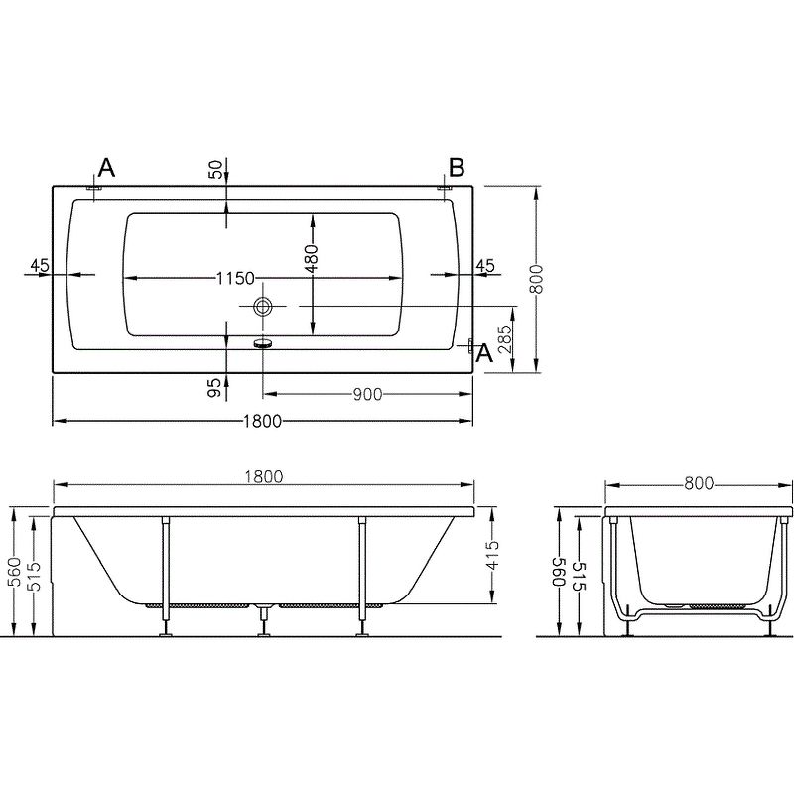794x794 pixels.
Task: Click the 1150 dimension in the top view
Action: (x=235, y=278)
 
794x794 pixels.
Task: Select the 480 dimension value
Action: (x=312, y=258)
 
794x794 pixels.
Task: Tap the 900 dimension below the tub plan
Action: (x=367, y=394)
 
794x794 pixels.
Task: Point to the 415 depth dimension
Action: (x=491, y=556)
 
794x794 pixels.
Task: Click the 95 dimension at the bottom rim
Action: (x=215, y=387)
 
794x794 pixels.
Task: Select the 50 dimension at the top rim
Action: (x=215, y=169)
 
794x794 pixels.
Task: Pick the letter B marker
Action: (x=457, y=167)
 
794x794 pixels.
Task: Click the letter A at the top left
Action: (x=106, y=167)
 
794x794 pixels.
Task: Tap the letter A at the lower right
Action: (x=485, y=353)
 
